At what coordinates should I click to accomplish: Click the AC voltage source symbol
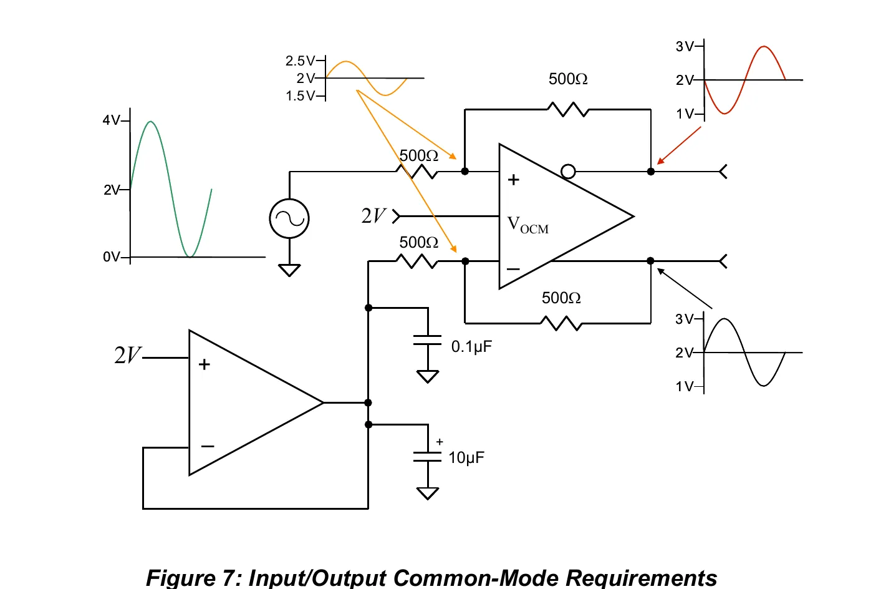pos(289,218)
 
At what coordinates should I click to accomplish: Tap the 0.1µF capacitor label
pos(471,347)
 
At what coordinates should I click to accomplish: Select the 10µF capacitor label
pos(466,457)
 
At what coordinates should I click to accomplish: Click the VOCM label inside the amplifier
pos(527,225)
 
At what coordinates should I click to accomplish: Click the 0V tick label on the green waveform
pos(112,257)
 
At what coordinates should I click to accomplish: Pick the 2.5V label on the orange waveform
pos(300,61)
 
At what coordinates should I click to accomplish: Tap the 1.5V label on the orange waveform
pos(300,96)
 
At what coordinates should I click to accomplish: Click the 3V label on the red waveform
pos(685,46)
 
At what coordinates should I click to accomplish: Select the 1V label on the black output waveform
pos(685,386)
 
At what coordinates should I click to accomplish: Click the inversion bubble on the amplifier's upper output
pos(568,172)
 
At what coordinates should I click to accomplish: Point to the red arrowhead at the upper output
pos(660,161)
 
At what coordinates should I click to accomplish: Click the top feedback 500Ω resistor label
pos(568,79)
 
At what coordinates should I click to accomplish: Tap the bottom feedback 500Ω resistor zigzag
pos(561,323)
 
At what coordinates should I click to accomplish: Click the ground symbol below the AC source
pos(289,270)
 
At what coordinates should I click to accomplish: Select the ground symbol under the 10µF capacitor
pos(428,494)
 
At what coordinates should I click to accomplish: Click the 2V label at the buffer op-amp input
pos(127,354)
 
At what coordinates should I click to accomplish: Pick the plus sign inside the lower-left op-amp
pos(204,364)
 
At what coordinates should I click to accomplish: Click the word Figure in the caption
pos(180,578)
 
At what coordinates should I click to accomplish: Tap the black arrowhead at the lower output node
pos(661,271)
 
